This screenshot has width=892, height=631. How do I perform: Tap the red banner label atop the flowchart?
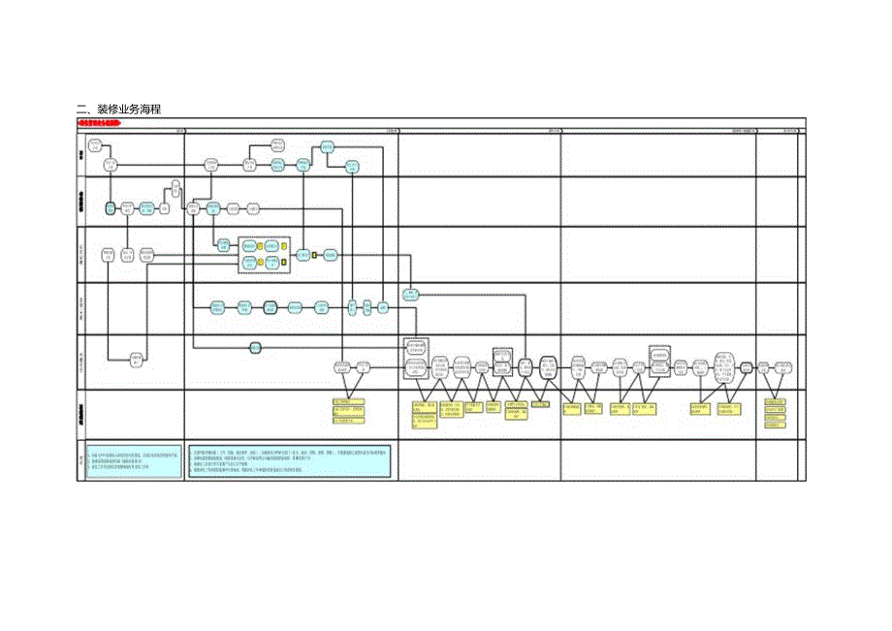pyautogui.click(x=100, y=124)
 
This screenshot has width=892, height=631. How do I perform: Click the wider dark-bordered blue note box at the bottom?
pyautogui.click(x=290, y=462)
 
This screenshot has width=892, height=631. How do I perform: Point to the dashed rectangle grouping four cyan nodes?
pyautogui.click(x=265, y=254)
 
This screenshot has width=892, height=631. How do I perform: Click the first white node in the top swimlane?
pyautogui.click(x=95, y=146)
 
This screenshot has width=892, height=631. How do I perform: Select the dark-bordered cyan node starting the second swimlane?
pyautogui.click(x=111, y=208)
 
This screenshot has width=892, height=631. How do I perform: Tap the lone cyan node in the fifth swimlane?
pyautogui.click(x=256, y=348)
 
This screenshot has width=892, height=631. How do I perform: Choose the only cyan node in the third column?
pyautogui.click(x=410, y=294)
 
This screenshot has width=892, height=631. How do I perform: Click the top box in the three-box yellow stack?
pyautogui.click(x=348, y=401)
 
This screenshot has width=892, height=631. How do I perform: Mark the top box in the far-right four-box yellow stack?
pyautogui.click(x=774, y=401)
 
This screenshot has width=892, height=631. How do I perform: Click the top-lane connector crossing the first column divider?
pyautogui.click(x=184, y=166)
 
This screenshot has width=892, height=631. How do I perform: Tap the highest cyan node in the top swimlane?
pyautogui.click(x=327, y=146)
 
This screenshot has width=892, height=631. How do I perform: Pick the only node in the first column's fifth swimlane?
pyautogui.click(x=137, y=359)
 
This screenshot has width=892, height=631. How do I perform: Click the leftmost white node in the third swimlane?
pyautogui.click(x=109, y=255)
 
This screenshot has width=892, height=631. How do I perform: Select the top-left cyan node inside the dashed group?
pyautogui.click(x=249, y=246)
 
